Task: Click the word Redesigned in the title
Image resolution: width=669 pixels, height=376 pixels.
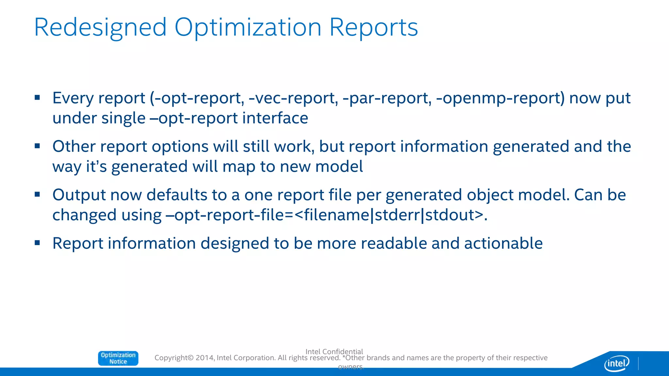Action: tap(100, 28)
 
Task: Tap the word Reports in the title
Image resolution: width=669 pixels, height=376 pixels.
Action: tap(373, 28)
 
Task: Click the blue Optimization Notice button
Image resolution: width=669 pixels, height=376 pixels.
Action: tap(118, 358)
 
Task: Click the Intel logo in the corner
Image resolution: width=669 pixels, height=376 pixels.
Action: tap(616, 363)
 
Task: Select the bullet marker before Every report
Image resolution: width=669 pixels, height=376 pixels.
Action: tap(37, 97)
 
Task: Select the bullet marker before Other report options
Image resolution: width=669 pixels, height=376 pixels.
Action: tap(37, 146)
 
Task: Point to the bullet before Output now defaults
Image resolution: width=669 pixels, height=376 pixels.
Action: tap(37, 195)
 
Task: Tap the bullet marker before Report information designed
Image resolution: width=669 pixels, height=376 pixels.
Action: tap(37, 243)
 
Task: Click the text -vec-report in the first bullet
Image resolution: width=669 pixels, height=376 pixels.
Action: tap(293, 98)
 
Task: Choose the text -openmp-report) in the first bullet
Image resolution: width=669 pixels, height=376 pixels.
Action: tap(500, 98)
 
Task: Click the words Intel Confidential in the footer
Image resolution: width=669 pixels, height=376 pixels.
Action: tap(334, 352)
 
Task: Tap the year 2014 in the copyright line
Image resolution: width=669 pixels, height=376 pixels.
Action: tap(204, 358)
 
